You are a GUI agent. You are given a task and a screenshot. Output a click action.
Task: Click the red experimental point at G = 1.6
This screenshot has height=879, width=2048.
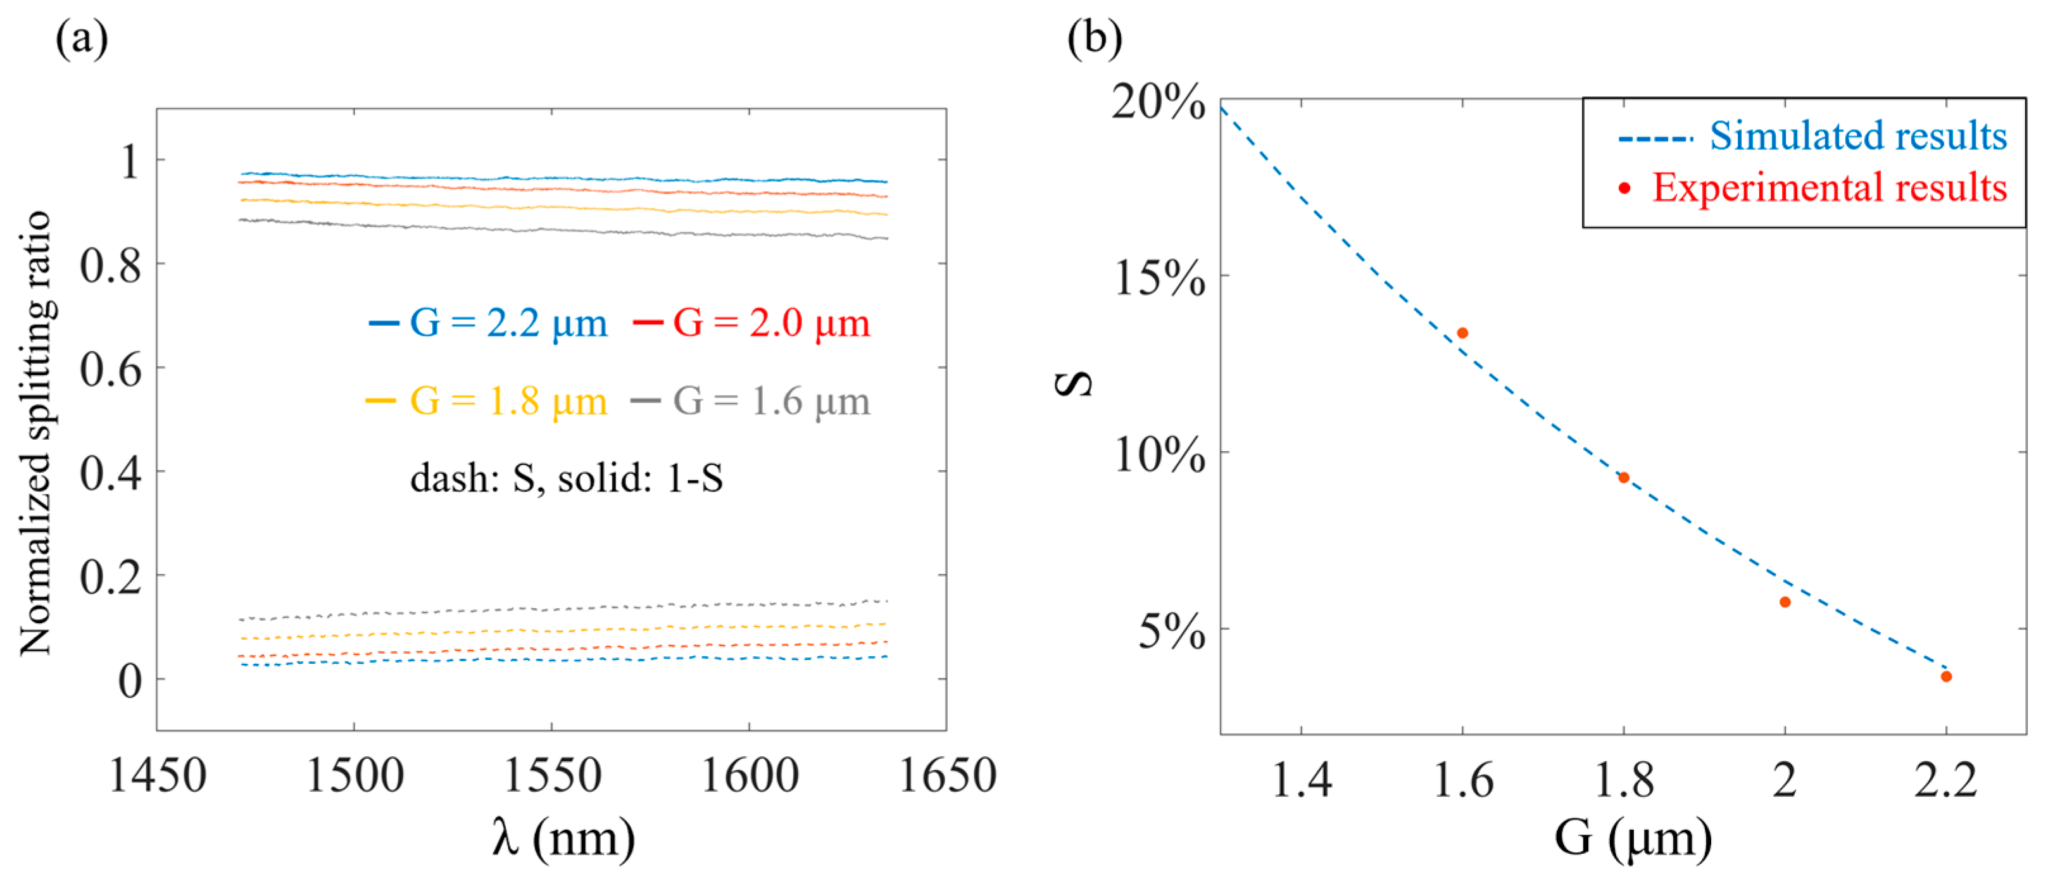coord(1462,333)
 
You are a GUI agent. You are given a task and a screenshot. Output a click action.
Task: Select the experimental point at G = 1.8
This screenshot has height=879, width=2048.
coord(1623,478)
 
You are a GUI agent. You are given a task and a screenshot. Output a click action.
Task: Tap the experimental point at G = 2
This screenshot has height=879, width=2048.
coord(1785,602)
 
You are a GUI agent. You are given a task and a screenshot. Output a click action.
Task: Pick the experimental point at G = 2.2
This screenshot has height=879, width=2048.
coord(1946,676)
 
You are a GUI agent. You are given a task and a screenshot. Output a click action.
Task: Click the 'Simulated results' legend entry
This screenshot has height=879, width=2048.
coord(1858,136)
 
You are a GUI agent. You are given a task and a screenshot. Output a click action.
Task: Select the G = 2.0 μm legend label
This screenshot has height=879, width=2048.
coord(771,323)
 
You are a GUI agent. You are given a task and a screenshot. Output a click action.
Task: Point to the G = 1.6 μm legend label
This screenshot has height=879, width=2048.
coord(771,401)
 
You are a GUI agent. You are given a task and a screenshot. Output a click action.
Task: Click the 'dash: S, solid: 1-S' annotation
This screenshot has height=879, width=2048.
coord(566,478)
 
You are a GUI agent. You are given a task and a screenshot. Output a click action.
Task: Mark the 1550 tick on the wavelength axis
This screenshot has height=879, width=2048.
coord(552,776)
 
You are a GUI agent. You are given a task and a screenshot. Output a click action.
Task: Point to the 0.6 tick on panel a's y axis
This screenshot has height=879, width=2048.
coord(111,370)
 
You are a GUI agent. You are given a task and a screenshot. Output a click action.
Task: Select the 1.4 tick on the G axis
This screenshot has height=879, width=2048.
coord(1302,780)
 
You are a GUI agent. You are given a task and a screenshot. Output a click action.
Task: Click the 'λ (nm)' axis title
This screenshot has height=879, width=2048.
coord(563,838)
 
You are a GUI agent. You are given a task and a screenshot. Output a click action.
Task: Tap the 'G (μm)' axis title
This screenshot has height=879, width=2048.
coord(1633,838)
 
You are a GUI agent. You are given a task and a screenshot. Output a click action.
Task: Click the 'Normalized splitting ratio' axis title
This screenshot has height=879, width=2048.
coord(36,433)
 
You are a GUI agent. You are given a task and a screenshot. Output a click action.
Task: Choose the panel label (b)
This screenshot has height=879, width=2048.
coord(1094,37)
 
